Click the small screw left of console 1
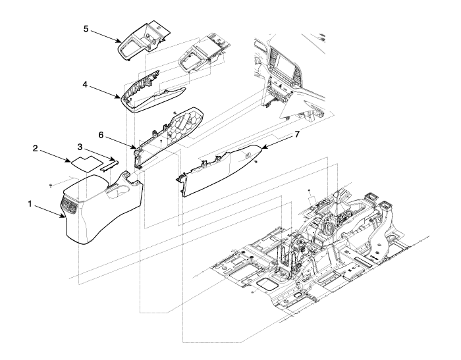click(51, 186)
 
